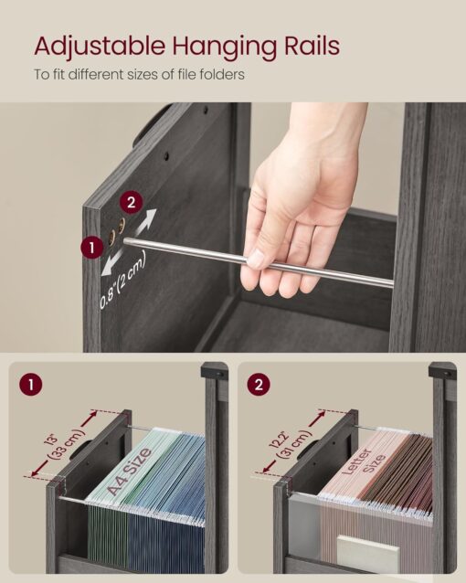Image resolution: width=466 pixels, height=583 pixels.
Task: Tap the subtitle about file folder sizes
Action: [x=140, y=74]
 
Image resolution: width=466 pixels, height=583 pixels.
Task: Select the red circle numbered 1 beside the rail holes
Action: [x=92, y=247]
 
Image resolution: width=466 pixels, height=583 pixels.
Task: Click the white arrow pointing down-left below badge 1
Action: [x=111, y=265]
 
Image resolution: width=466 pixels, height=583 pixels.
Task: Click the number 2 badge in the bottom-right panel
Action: [x=261, y=385]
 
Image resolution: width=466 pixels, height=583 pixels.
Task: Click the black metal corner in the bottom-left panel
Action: [x=215, y=373]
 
